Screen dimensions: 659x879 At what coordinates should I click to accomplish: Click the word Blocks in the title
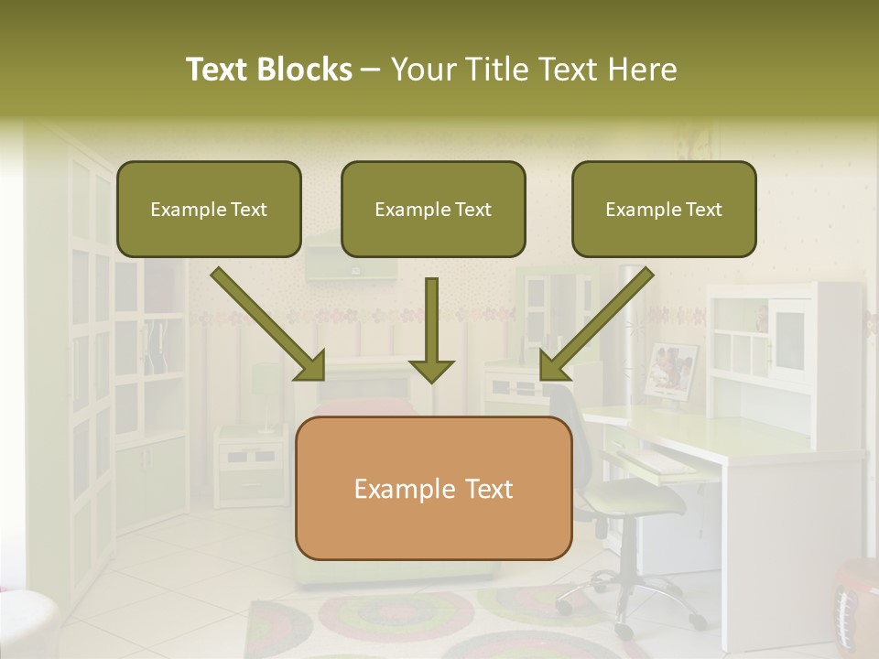click(306, 70)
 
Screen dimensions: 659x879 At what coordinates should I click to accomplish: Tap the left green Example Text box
click(209, 210)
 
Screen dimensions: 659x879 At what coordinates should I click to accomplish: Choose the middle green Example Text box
click(433, 210)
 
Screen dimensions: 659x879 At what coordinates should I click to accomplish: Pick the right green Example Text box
click(664, 210)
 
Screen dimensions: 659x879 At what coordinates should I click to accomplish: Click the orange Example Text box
click(433, 488)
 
